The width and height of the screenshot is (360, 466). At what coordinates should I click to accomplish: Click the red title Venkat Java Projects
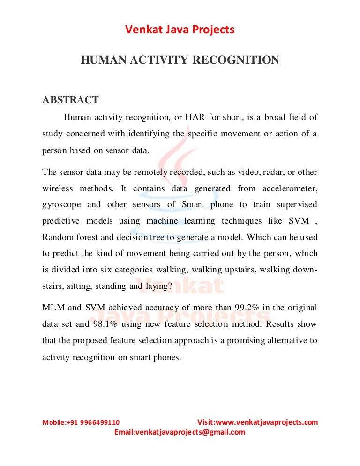[x=180, y=30]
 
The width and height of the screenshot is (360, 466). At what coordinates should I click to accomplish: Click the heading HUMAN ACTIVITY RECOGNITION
[x=180, y=60]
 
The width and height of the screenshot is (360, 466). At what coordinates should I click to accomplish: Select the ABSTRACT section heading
[x=70, y=100]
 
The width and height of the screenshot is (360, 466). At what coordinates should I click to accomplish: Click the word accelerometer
[x=287, y=188]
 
